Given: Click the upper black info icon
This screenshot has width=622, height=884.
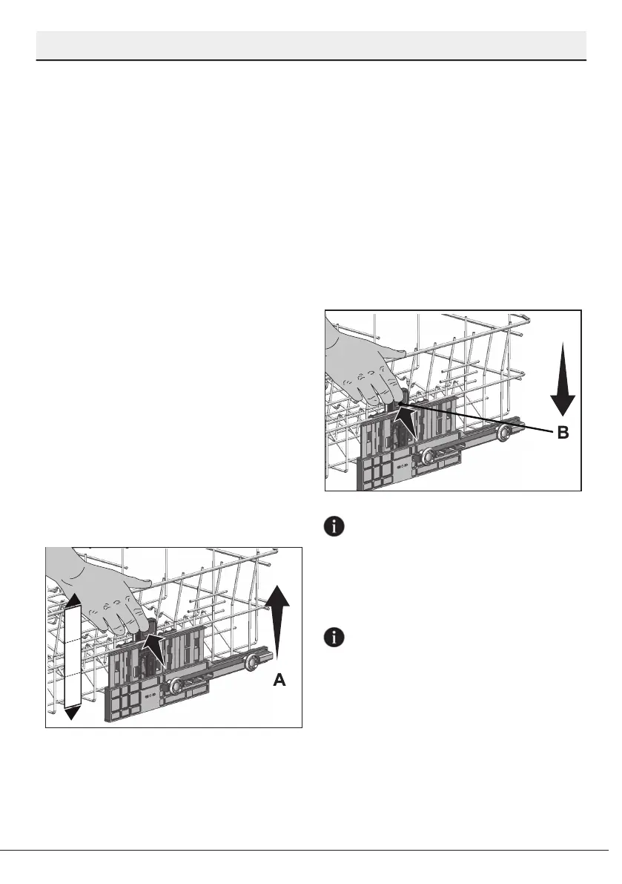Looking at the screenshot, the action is (336, 527).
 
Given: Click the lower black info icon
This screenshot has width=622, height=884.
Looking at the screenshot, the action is (336, 637).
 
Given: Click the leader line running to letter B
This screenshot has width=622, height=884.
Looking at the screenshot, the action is (482, 419).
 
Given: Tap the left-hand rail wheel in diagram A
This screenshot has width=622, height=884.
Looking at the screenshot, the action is (176, 688).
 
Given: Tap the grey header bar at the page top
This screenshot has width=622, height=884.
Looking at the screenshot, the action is (311, 45).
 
